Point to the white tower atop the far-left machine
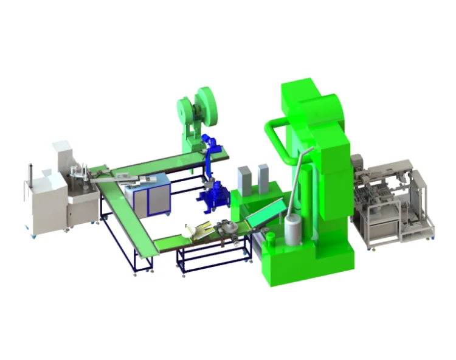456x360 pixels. [x=62, y=155]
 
